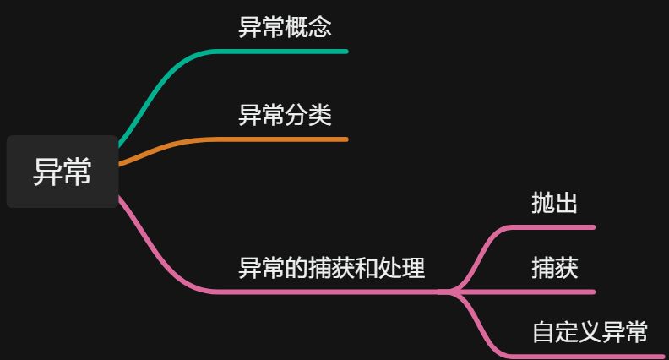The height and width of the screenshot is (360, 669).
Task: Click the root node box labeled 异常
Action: click(x=62, y=172)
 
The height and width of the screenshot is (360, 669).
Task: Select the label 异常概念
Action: click(x=285, y=27)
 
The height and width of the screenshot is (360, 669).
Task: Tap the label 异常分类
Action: click(x=285, y=114)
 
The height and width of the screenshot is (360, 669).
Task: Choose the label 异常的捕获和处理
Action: click(x=331, y=268)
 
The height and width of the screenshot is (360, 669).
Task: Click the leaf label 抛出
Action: click(x=554, y=203)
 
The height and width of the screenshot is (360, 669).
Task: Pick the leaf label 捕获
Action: click(x=554, y=268)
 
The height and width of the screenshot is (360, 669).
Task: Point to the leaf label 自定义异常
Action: click(x=589, y=332)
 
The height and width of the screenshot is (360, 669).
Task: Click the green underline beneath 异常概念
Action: click(x=287, y=52)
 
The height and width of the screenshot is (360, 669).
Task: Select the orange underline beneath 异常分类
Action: click(x=287, y=139)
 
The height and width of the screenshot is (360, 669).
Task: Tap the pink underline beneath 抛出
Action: click(x=557, y=227)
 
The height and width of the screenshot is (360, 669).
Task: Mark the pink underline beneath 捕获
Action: click(x=557, y=292)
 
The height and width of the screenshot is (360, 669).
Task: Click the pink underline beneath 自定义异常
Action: click(x=591, y=357)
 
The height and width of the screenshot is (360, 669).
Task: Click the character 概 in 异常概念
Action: click(x=296, y=27)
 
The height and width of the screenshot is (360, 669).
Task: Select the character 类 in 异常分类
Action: click(x=319, y=114)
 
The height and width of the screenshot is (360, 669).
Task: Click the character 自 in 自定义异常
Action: click(x=542, y=332)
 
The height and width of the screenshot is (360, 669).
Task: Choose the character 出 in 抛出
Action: click(x=566, y=203)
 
